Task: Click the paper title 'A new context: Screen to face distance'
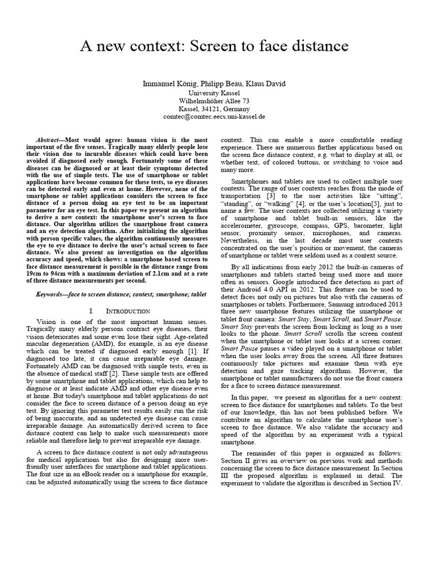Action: click(214, 45)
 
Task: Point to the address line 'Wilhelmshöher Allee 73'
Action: click(214, 101)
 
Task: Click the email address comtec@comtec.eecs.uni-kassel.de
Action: click(214, 117)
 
